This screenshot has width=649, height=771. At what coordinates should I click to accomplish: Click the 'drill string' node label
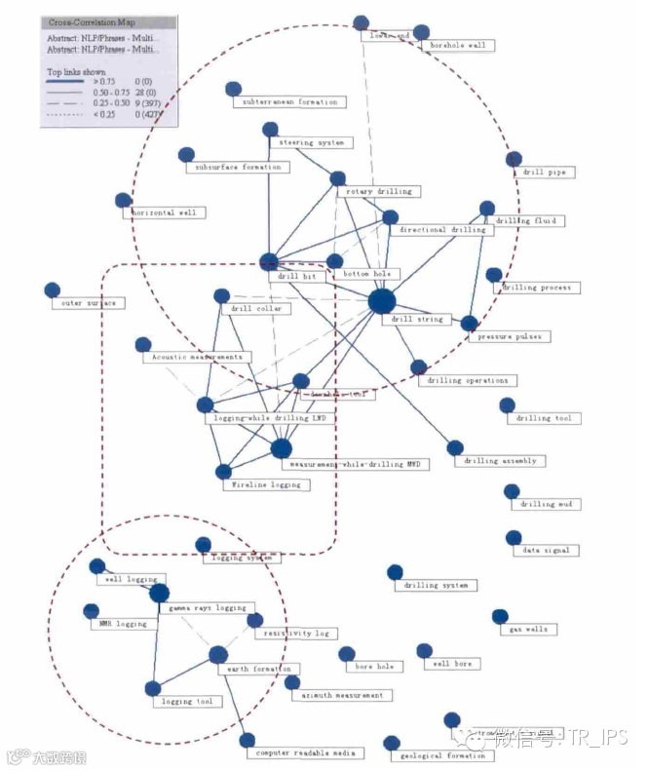(417, 319)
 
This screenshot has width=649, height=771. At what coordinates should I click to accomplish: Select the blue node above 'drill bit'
(270, 261)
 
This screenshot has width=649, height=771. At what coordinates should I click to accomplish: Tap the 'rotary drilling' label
(378, 192)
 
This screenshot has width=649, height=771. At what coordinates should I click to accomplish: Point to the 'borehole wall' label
(456, 45)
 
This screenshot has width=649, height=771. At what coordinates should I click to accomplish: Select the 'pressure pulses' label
(509, 336)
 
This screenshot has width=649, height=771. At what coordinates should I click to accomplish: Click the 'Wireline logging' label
(266, 484)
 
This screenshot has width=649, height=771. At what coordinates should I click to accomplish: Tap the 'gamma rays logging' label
(207, 608)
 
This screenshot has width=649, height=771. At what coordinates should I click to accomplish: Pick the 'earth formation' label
(258, 670)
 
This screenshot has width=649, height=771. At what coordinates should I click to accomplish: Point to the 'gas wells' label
(528, 630)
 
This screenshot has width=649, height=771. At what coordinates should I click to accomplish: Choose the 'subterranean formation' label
(288, 101)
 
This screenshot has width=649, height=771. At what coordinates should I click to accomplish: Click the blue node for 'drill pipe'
(514, 159)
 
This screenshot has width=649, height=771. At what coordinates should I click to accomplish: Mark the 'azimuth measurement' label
(341, 696)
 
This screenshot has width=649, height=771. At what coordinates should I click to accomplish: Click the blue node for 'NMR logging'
(93, 611)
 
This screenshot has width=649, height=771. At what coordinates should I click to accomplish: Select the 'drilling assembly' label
(500, 461)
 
